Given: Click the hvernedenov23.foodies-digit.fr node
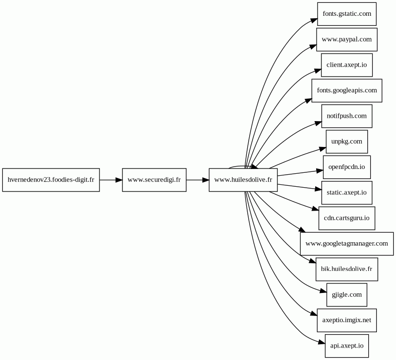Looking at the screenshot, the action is tap(51, 180).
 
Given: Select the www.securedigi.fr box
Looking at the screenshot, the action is tap(154, 180).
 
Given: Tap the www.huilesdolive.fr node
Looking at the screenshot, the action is tap(243, 180).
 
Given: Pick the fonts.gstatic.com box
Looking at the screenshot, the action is tap(347, 14).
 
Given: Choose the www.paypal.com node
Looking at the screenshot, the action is tap(347, 39).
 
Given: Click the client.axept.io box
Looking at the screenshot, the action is tap(347, 65).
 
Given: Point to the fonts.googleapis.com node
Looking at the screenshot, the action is tap(347, 90).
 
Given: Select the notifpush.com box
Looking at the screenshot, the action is tap(347, 116).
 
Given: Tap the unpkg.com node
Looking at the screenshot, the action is tap(347, 142).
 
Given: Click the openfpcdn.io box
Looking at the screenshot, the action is tap(347, 167).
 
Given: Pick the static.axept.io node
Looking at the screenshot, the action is tap(347, 192).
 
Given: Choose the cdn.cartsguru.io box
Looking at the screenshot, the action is tap(347, 218).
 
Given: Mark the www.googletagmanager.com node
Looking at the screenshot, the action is tap(347, 244).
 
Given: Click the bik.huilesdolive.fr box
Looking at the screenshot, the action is tap(347, 269).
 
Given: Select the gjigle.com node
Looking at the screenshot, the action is tap(347, 295).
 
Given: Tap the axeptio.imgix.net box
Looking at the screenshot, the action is tap(347, 320).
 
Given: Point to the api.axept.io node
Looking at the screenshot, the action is tap(347, 346).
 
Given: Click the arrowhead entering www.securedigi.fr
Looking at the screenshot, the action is tap(119, 180).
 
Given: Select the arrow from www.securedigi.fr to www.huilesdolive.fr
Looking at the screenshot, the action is tap(198, 180).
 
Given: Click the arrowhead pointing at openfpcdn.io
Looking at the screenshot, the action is tap(320, 171).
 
